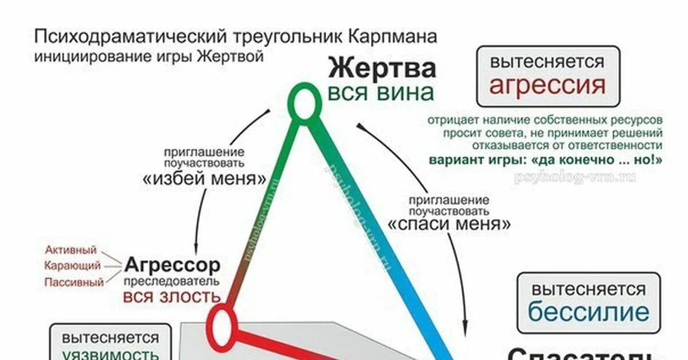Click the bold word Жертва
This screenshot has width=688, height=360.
(382, 69)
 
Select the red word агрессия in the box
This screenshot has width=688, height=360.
(547, 85)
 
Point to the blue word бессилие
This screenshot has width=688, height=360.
(588, 312)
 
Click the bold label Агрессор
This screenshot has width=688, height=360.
(172, 265)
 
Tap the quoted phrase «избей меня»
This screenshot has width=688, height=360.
(204, 179)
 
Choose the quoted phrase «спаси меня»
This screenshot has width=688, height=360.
(449, 224)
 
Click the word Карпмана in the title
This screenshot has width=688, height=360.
(391, 37)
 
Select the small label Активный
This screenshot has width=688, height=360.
(71, 250)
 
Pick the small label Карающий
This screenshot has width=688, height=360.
(72, 266)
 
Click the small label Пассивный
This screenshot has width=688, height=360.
(74, 282)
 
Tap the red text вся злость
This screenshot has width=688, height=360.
(171, 296)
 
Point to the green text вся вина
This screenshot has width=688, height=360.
(381, 92)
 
